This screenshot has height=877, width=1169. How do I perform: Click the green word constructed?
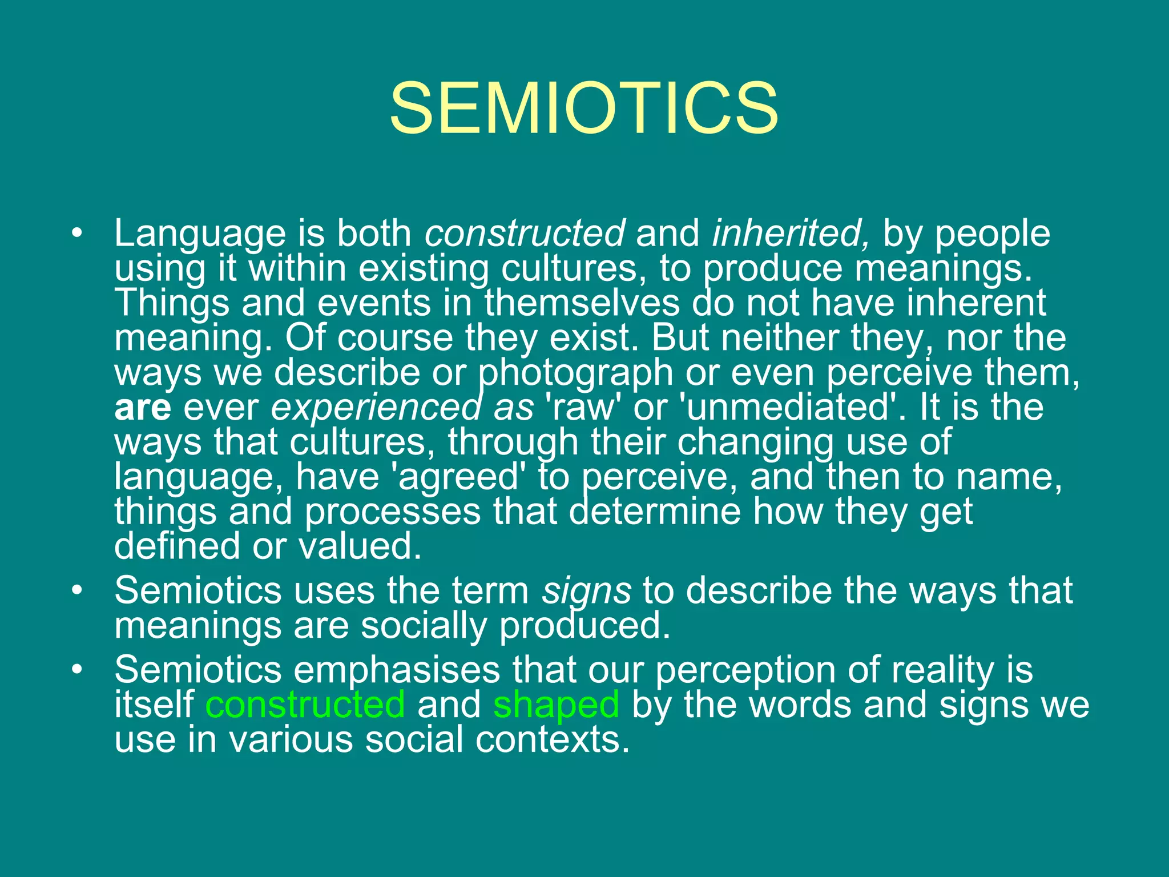(305, 705)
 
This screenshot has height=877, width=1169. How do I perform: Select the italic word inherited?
(791, 234)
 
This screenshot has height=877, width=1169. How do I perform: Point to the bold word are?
(143, 408)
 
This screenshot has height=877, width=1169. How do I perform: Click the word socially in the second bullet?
(424, 626)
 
